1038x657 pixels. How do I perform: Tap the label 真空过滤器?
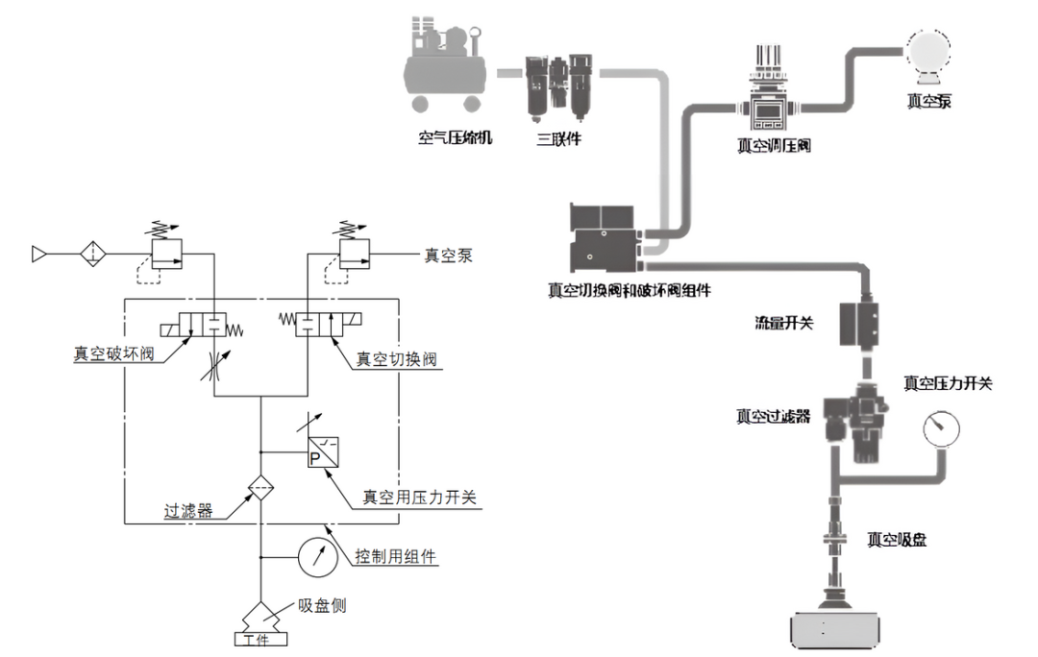(774, 416)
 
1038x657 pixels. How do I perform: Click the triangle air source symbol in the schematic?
(39, 255)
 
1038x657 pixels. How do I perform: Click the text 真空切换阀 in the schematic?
(397, 359)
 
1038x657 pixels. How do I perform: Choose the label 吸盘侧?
(322, 606)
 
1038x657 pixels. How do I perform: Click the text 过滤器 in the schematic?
(188, 512)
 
